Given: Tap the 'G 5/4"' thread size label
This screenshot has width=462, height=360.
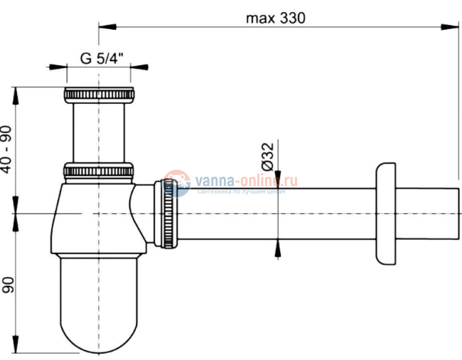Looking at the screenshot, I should coord(99,59).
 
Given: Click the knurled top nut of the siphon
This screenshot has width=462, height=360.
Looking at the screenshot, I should coord(99,94).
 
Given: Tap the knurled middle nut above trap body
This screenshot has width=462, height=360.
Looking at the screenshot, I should coord(99,171).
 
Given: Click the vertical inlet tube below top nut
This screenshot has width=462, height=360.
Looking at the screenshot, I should coord(99,132).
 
